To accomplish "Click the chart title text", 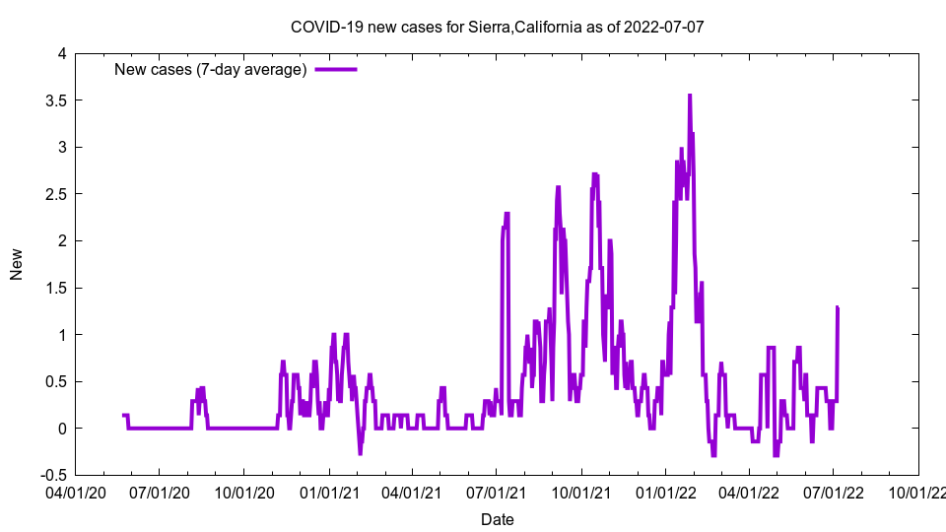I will (x=498, y=27).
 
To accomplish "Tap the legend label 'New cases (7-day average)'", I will (x=211, y=69).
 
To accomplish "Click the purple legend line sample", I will (x=335, y=69).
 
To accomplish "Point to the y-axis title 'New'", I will (x=17, y=264).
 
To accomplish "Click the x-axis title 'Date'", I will (x=497, y=518).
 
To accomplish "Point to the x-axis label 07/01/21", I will (x=496, y=490).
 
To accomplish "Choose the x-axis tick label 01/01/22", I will (x=666, y=490).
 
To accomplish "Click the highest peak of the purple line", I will (x=690, y=96).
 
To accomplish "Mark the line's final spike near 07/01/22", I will (x=837, y=307).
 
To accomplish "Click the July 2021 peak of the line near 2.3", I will (x=507, y=214).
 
